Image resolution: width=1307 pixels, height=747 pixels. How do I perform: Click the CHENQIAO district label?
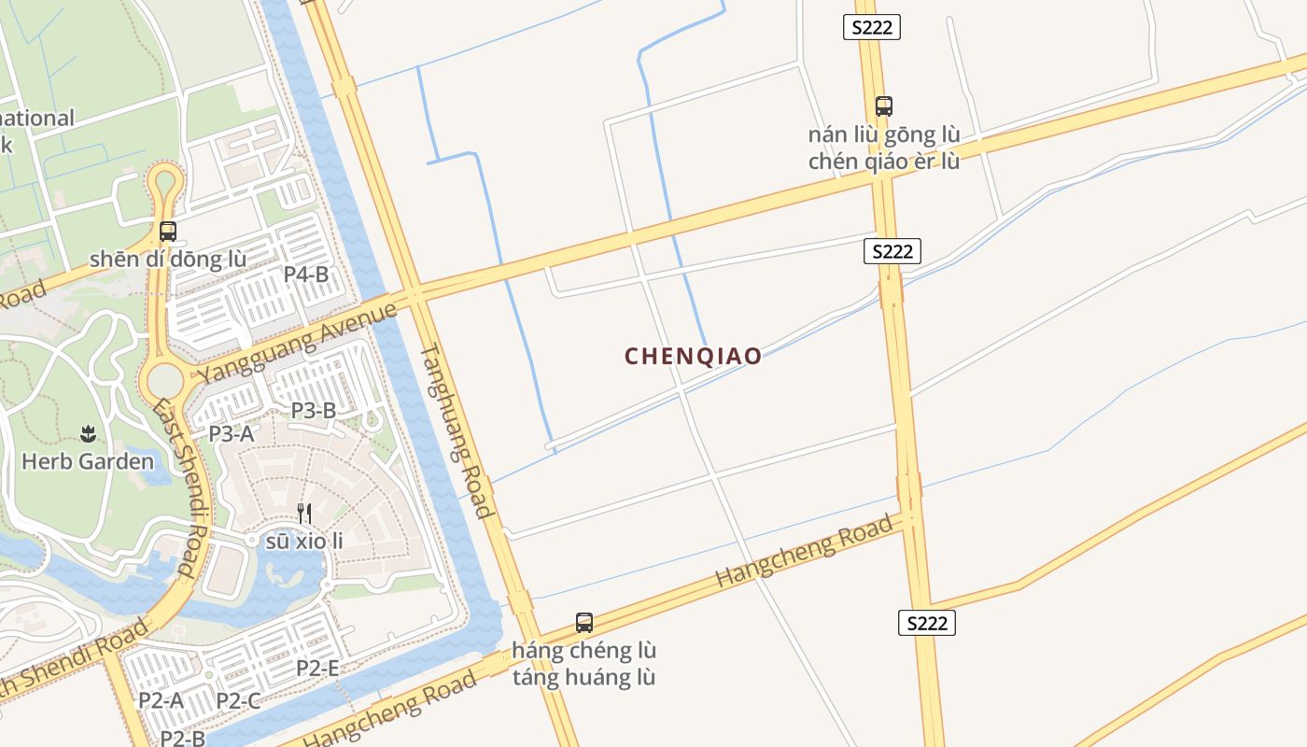pyautogui.click(x=693, y=356)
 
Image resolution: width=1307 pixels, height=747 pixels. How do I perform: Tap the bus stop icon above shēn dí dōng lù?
pyautogui.click(x=168, y=231)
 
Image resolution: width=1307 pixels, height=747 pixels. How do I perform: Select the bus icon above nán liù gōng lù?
pyautogui.click(x=883, y=106)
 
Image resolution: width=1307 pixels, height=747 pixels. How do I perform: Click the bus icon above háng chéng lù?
pyautogui.click(x=584, y=622)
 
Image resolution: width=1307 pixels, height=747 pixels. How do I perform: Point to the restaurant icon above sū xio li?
pyautogui.click(x=303, y=513)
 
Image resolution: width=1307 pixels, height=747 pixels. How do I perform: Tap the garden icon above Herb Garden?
pyautogui.click(x=88, y=433)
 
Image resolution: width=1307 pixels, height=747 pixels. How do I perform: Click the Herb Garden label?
pyautogui.click(x=88, y=461)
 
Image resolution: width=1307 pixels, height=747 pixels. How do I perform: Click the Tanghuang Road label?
pyautogui.click(x=456, y=430)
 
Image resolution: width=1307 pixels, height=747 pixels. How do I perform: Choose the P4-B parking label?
pyautogui.click(x=306, y=275)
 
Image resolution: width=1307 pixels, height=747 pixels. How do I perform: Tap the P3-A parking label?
pyautogui.click(x=231, y=433)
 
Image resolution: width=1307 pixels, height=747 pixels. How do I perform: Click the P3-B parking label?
pyautogui.click(x=313, y=410)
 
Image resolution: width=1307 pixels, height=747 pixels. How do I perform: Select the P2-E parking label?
pyautogui.click(x=317, y=668)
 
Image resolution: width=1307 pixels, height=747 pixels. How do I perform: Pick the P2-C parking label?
pyautogui.click(x=238, y=700)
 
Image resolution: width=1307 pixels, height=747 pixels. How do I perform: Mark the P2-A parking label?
pyautogui.click(x=161, y=699)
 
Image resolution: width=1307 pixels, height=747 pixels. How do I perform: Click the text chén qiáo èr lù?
pyautogui.click(x=883, y=161)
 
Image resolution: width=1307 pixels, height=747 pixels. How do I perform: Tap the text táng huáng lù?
pyautogui.click(x=583, y=677)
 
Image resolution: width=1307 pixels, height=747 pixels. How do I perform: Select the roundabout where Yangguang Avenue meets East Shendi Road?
pyautogui.click(x=165, y=380)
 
